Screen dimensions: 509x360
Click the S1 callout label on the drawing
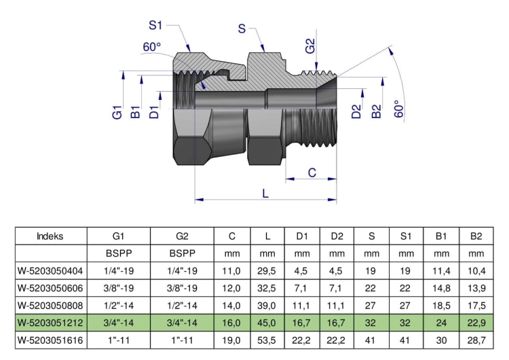click(x=155, y=25)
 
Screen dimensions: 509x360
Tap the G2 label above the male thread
click(x=310, y=46)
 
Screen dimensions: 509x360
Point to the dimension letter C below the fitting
click(x=312, y=173)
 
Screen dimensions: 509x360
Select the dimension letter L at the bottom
click(x=265, y=194)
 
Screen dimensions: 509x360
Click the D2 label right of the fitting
click(x=356, y=111)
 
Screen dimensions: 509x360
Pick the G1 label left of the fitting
click(x=117, y=113)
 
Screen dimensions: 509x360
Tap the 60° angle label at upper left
click(x=152, y=47)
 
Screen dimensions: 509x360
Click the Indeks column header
click(x=50, y=236)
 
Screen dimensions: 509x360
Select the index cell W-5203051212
click(x=50, y=323)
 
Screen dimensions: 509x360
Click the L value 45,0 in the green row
click(x=267, y=323)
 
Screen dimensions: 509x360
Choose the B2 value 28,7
click(x=476, y=340)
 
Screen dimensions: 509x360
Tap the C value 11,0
click(x=231, y=270)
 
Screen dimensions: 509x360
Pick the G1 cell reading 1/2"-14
click(x=119, y=306)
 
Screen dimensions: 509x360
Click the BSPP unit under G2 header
click(x=183, y=253)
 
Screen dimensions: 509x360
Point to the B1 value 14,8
click(x=442, y=288)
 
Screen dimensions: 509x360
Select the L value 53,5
click(x=267, y=340)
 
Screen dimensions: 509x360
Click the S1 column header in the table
click(x=406, y=236)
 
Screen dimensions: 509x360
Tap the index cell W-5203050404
click(x=50, y=270)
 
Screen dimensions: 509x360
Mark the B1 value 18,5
click(x=442, y=306)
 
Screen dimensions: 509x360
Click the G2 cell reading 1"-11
click(x=182, y=340)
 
